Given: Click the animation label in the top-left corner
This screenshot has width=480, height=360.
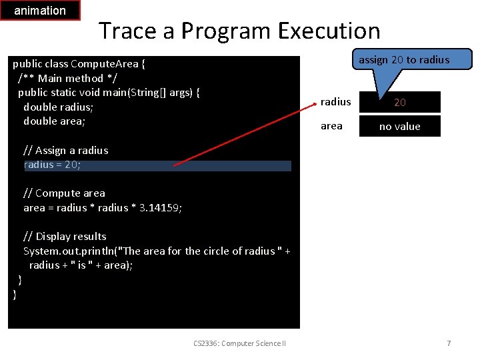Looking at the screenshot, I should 40,11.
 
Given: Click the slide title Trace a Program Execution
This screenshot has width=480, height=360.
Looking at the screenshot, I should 239,31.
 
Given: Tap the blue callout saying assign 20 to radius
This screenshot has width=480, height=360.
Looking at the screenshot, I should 404,60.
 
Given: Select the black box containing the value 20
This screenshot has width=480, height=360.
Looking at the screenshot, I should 400,102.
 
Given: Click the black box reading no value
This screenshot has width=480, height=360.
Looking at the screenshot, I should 400,126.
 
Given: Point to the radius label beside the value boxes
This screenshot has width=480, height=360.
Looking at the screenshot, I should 335,102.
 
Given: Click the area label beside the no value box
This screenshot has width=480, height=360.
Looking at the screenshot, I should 331,126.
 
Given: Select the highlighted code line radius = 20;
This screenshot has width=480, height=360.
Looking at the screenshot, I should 157,165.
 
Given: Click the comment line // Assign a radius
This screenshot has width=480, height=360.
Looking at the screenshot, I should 65,151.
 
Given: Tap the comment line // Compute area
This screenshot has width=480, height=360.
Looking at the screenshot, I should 64,193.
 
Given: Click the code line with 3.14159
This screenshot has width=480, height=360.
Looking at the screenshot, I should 103,208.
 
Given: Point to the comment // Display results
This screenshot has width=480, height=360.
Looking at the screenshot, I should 65,237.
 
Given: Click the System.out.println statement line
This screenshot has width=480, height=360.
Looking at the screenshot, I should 157,251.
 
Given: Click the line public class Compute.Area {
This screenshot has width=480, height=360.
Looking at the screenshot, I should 79,64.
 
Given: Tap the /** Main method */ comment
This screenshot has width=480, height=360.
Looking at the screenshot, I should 61,79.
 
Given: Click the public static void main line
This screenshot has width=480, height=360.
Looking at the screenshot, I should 109,93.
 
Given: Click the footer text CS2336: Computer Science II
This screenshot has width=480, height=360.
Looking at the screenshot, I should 239,343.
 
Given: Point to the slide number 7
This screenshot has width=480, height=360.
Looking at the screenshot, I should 449,343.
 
